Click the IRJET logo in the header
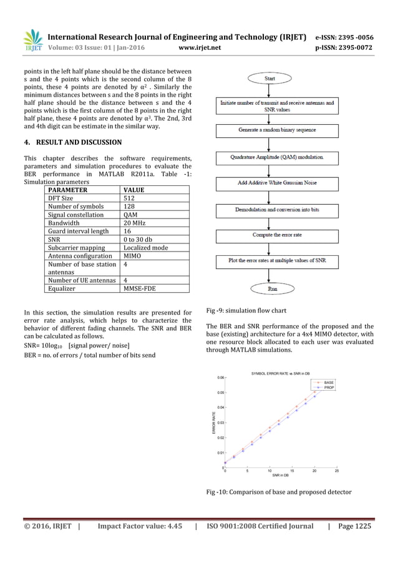point(32,39)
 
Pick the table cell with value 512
point(129,198)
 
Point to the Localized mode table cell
point(145,248)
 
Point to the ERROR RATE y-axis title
point(213,423)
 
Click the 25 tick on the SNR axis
point(337,471)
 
